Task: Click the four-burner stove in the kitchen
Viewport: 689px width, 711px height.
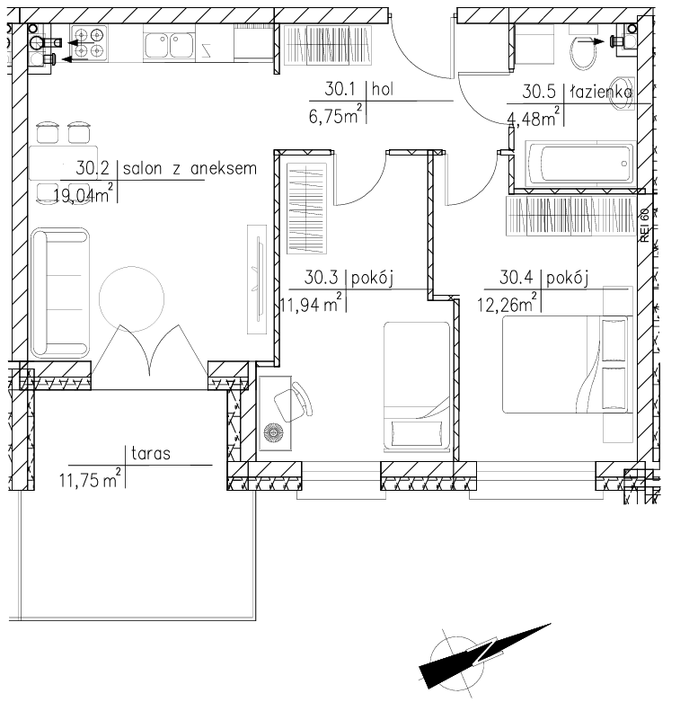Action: click(89, 42)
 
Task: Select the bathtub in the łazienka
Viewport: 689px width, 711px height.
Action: click(579, 164)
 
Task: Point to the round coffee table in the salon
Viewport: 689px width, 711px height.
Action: click(131, 298)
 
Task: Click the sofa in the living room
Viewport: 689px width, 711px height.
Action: click(60, 293)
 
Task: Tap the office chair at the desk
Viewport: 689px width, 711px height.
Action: click(293, 402)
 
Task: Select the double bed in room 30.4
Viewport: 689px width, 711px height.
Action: click(567, 365)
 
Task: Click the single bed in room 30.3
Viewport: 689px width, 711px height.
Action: click(417, 387)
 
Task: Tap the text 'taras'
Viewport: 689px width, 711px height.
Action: click(151, 453)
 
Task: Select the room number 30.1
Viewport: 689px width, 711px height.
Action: click(340, 89)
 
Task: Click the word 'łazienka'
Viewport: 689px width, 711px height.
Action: click(601, 92)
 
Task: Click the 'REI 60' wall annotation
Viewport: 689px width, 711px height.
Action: click(645, 225)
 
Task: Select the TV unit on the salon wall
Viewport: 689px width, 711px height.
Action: click(257, 280)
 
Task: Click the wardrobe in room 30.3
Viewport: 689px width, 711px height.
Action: click(306, 209)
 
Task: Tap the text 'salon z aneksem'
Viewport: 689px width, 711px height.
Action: click(190, 169)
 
